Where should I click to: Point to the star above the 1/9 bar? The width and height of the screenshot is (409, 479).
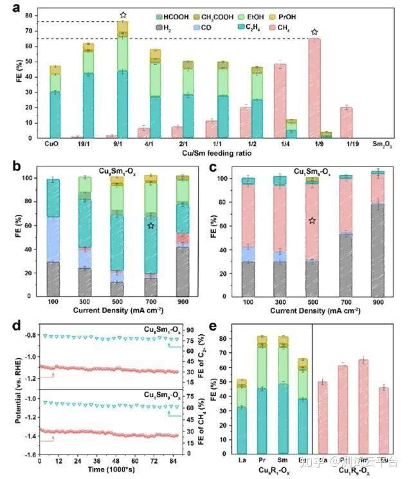(x=314, y=32)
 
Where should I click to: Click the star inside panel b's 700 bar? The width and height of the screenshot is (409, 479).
(x=150, y=226)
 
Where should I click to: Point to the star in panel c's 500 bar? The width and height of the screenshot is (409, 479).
(x=312, y=221)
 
